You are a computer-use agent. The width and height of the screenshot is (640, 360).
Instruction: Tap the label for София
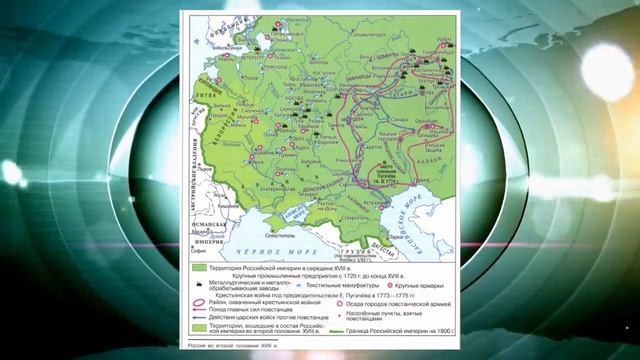(211, 239)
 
